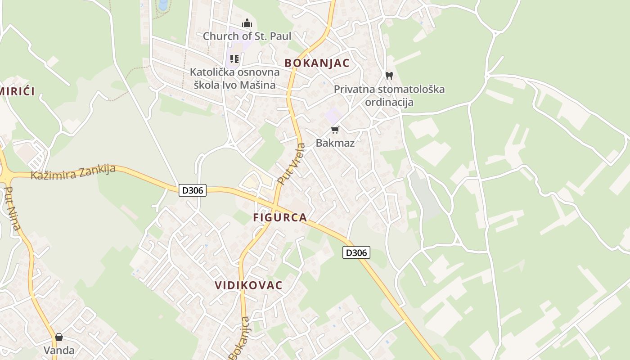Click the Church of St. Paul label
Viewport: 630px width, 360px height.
[x=247, y=36]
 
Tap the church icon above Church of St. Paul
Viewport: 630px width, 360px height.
[x=247, y=23]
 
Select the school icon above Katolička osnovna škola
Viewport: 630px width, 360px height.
[x=234, y=59]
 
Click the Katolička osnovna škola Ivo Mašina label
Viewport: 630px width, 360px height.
[x=234, y=78]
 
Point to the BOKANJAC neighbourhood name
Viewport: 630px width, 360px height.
[x=317, y=63]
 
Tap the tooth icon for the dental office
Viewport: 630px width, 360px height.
[x=389, y=76]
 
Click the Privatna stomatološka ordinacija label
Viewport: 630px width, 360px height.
[x=389, y=95]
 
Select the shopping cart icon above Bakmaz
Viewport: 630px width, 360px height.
[x=335, y=130]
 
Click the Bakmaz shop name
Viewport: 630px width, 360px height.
[x=335, y=143]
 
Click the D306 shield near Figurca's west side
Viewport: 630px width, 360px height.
[x=193, y=190]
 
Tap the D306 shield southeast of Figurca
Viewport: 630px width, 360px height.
[x=356, y=252]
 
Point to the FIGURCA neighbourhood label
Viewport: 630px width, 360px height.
[x=280, y=217]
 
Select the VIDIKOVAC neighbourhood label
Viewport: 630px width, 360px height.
[x=249, y=285]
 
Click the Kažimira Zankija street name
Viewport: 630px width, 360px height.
[x=73, y=172]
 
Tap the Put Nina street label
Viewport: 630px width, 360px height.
[x=12, y=208]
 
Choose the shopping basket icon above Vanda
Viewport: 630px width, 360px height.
[x=59, y=337]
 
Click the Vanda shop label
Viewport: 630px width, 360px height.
[x=59, y=350]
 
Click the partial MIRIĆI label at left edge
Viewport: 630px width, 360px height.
[x=17, y=91]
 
